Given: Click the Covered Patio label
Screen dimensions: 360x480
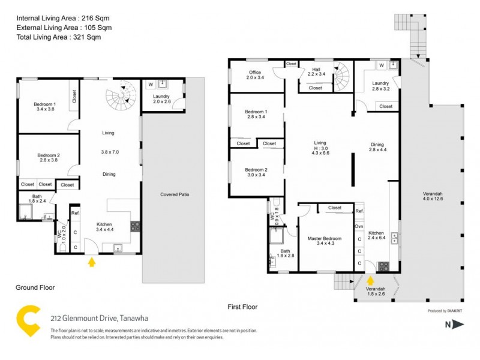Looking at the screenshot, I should [176, 194].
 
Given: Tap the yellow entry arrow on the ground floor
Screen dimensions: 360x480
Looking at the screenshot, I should [91, 262].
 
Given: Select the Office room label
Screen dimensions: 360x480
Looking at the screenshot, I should [255, 75].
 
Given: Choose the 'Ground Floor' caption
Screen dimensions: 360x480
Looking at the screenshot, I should [35, 287].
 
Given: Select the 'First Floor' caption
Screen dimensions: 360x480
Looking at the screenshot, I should [242, 307].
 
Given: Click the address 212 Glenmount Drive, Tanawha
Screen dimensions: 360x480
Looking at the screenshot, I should [98, 318].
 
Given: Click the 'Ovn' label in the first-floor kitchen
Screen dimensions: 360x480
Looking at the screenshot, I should [359, 226].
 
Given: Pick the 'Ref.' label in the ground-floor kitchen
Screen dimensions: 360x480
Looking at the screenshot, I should [76, 213].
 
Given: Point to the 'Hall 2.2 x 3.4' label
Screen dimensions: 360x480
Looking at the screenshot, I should [316, 73].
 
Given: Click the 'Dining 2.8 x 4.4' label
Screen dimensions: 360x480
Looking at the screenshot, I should [377, 148].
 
